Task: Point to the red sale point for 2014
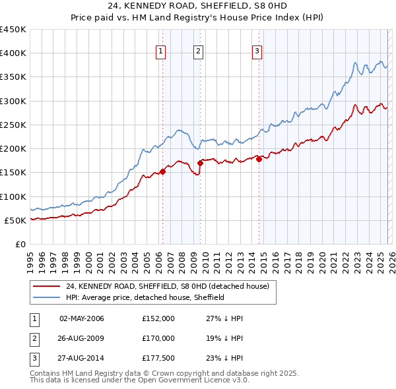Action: pos(259,158)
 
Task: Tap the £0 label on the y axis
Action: pos(20,244)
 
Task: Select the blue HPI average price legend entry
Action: pos(145,297)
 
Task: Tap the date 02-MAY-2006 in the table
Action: pos(82,318)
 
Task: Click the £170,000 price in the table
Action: pos(158,338)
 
